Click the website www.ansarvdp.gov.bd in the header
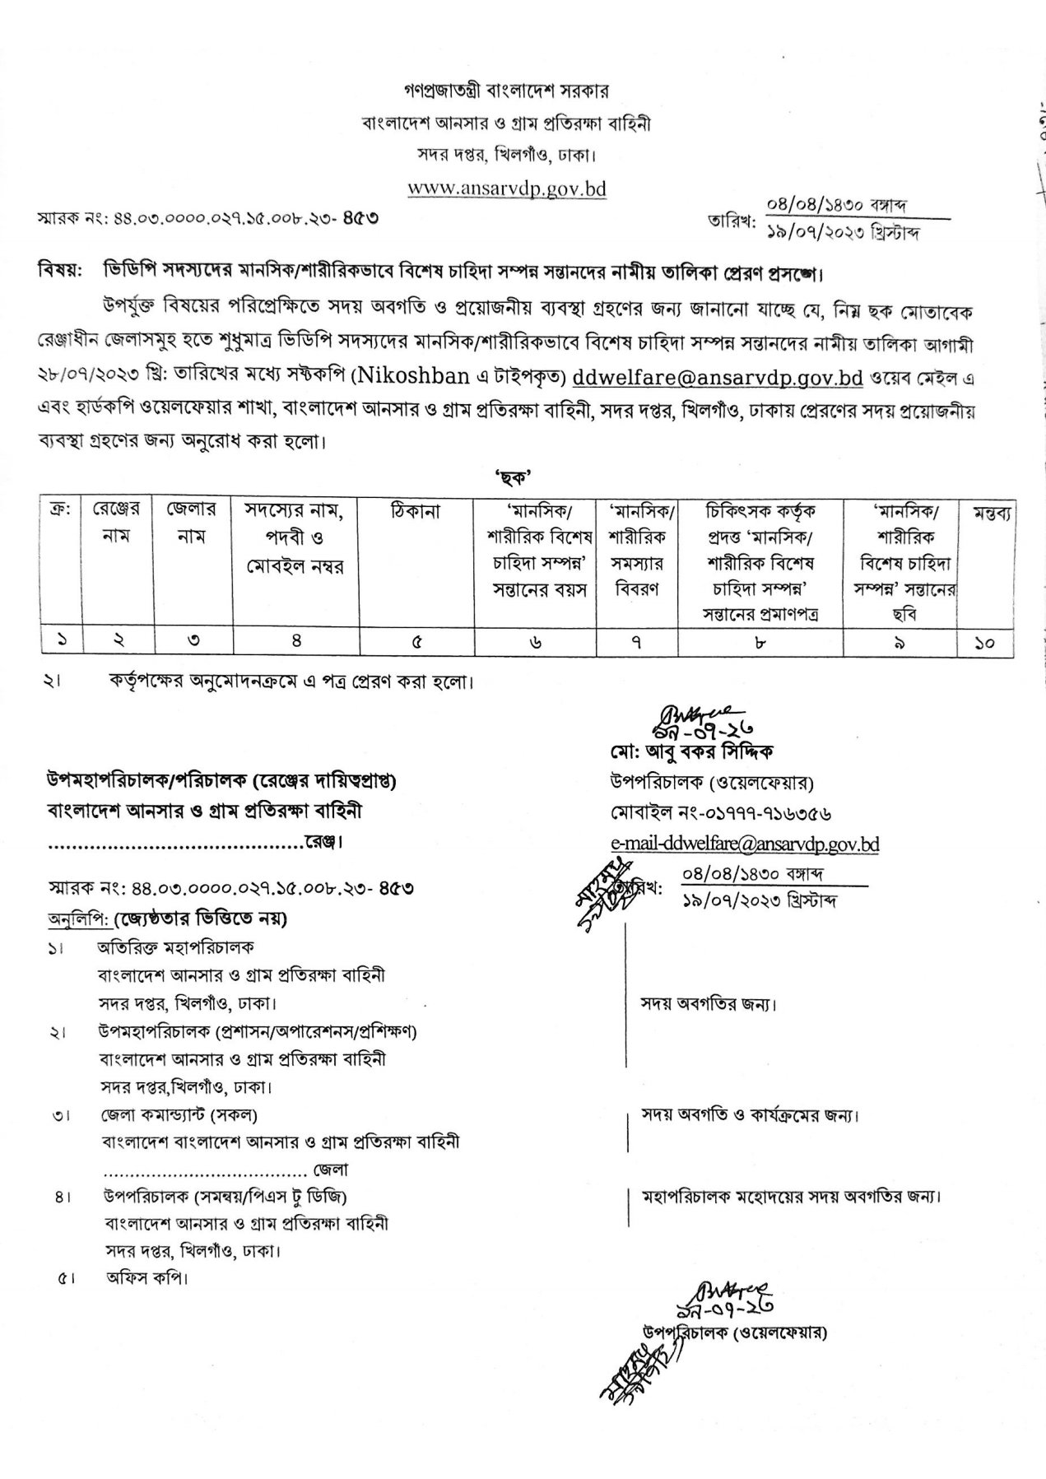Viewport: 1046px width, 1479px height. click(507, 188)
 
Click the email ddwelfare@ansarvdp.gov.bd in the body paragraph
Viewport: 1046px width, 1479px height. click(717, 378)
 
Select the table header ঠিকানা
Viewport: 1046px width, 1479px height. click(416, 511)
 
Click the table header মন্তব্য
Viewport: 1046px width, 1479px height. click(991, 511)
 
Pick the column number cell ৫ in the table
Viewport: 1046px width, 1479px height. click(416, 644)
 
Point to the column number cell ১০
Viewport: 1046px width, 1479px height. click(985, 644)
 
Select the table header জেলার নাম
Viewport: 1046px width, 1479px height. click(191, 523)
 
